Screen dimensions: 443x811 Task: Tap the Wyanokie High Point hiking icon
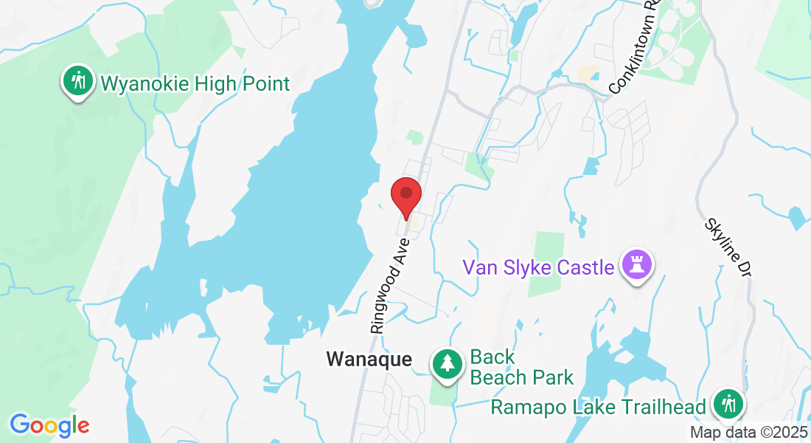(76, 81)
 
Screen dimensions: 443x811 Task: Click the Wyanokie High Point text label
(195, 83)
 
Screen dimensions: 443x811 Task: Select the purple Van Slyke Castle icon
(636, 265)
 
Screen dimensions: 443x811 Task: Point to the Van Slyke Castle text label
(538, 267)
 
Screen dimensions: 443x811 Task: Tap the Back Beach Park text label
(521, 368)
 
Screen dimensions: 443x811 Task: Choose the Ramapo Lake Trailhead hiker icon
(728, 405)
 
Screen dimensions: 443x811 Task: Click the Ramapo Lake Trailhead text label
(599, 406)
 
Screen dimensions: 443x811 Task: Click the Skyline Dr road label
(726, 247)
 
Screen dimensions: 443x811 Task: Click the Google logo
(49, 425)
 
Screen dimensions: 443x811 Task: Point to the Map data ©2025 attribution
(748, 433)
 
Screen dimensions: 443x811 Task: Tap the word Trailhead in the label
(666, 406)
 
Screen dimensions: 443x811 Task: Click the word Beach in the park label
(501, 377)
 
